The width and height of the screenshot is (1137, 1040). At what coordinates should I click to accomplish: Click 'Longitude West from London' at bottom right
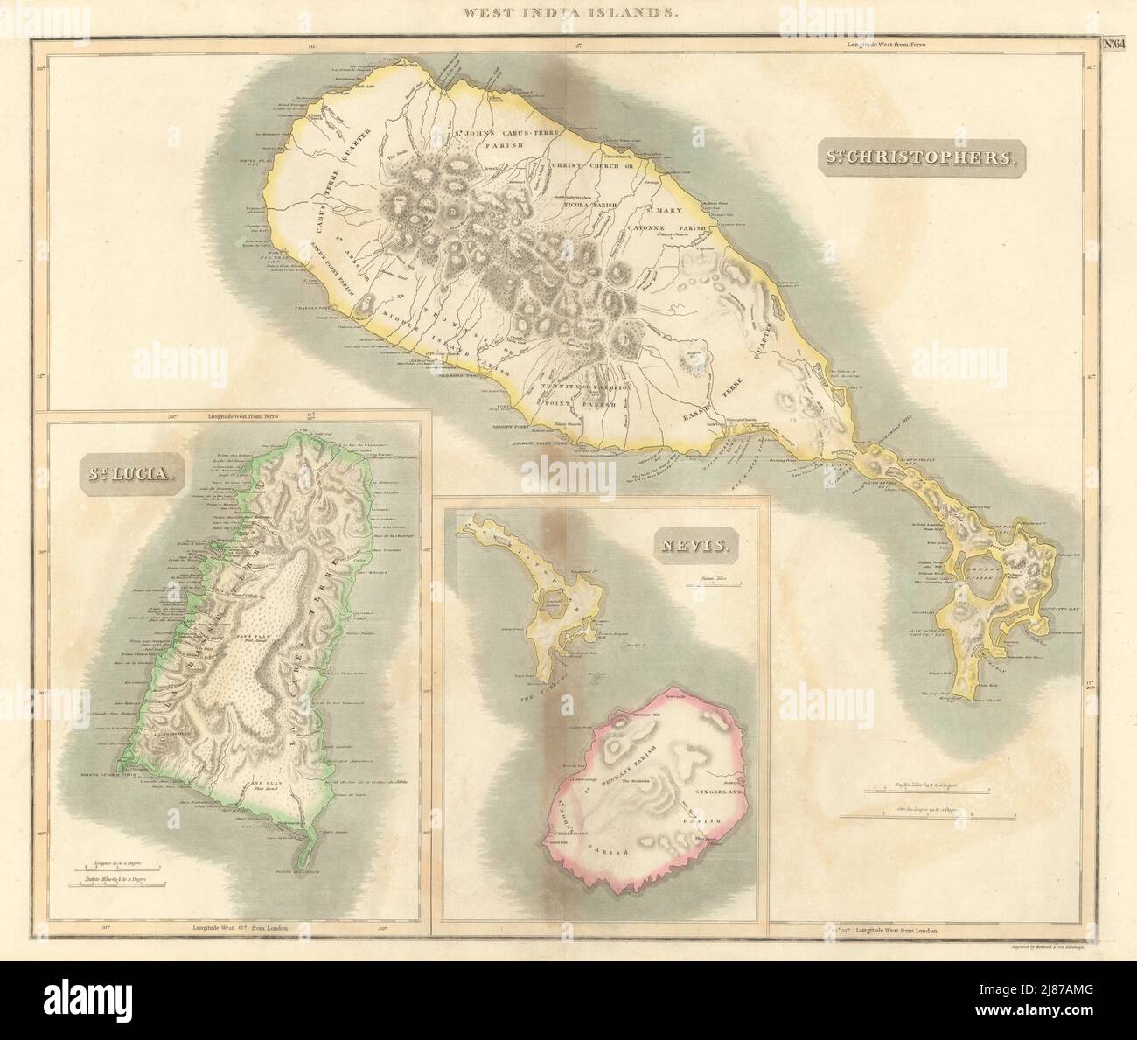[896, 931]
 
